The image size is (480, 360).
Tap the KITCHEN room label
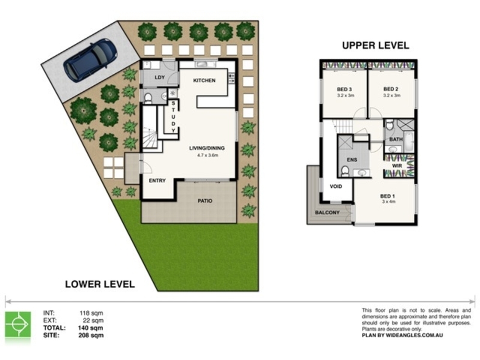click(x=204, y=80)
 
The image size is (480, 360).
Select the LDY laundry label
click(x=160, y=77)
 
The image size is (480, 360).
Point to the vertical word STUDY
click(x=173, y=116)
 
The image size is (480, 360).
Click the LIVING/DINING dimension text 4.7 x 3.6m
click(x=208, y=155)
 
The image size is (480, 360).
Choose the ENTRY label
click(x=157, y=181)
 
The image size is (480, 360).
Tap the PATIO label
click(x=205, y=201)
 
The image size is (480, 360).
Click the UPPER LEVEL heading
click(x=376, y=46)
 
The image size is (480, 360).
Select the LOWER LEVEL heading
click(x=100, y=284)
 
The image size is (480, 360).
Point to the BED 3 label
click(x=344, y=89)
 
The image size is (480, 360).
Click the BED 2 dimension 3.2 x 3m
click(x=392, y=95)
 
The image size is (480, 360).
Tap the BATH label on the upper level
click(x=396, y=139)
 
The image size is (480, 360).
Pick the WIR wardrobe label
click(x=397, y=166)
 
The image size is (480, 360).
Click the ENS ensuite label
click(x=352, y=160)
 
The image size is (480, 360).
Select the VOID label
click(x=336, y=186)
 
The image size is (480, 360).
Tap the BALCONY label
click(x=327, y=212)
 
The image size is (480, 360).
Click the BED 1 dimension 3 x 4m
click(x=389, y=202)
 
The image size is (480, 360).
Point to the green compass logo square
click(x=18, y=325)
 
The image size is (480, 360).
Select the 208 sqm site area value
click(x=91, y=335)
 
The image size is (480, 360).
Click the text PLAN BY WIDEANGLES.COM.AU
click(x=402, y=335)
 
